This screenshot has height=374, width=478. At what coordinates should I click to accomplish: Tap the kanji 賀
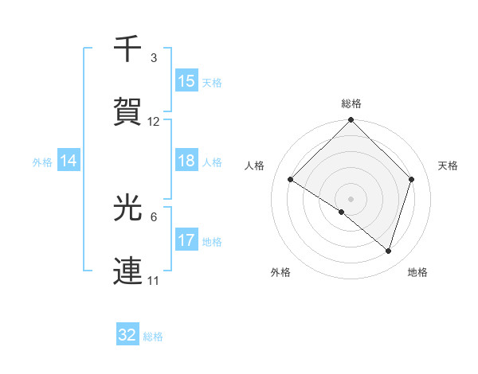127,111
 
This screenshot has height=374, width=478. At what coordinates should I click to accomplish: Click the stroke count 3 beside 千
153,58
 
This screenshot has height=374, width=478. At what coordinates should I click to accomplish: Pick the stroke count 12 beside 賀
154,122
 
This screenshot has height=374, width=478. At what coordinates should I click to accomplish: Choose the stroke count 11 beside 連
154,281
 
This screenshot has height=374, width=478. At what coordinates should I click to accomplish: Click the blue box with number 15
186,81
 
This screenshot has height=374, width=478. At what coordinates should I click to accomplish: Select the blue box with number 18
186,161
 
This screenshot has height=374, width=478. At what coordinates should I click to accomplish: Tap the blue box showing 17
186,240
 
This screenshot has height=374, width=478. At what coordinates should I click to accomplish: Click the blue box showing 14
69,161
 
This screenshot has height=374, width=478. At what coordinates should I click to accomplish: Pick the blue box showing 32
127,335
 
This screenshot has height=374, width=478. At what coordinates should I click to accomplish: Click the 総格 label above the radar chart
351,103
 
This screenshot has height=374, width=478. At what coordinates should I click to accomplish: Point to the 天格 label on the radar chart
448,166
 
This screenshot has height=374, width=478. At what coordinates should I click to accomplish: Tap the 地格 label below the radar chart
417,272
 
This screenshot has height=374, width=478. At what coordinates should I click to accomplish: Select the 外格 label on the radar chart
280,272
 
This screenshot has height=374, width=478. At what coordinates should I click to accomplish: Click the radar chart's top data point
351,121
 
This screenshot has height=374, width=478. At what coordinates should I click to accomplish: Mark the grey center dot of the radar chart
351,198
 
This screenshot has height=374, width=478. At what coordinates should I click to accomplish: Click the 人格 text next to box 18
212,162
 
